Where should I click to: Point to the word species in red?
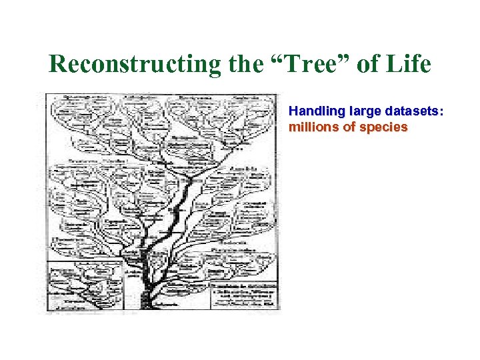coord(382,127)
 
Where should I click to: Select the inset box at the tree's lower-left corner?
coord(85,285)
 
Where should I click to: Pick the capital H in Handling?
coord(293,113)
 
